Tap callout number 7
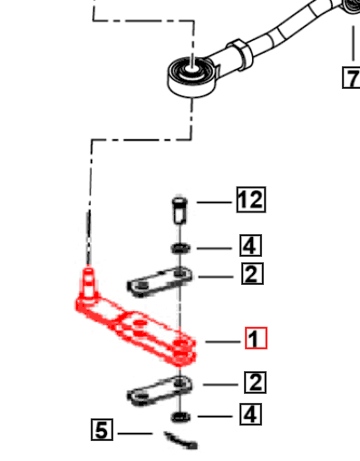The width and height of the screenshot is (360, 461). point(350,78)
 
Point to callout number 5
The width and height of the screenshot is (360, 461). point(103,429)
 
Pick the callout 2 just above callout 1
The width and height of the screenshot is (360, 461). point(252,273)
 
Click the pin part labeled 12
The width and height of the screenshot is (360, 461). point(180,214)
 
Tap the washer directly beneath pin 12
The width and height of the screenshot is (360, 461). point(180,247)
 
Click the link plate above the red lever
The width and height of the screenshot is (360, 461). point(160,285)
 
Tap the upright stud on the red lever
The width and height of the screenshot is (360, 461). point(88,281)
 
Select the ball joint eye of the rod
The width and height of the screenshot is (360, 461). point(191,72)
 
